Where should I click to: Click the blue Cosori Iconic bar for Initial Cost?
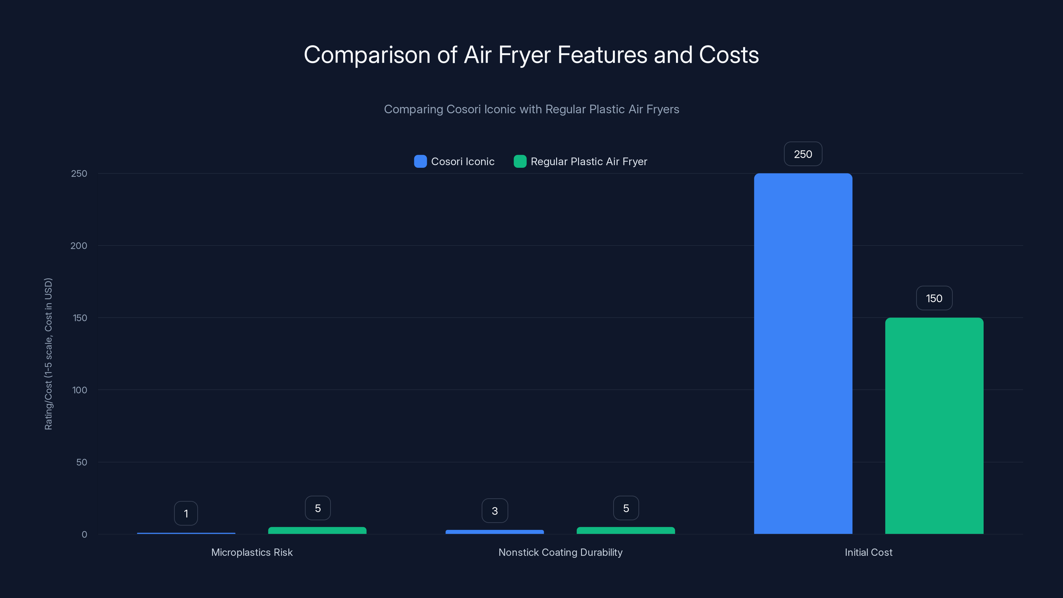pyautogui.click(x=803, y=353)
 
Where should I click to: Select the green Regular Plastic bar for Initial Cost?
pyautogui.click(x=934, y=426)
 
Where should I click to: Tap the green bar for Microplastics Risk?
pyautogui.click(x=317, y=530)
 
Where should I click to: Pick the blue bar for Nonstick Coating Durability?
pyautogui.click(x=494, y=532)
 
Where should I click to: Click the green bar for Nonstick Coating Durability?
pyautogui.click(x=626, y=530)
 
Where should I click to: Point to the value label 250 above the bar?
pyautogui.click(x=803, y=154)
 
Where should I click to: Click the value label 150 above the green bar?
pyautogui.click(x=934, y=298)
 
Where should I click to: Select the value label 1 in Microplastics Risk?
pyautogui.click(x=186, y=513)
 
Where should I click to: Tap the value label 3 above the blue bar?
pyautogui.click(x=494, y=511)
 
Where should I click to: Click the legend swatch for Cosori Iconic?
pyautogui.click(x=420, y=161)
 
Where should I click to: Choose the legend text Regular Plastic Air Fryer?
pyautogui.click(x=589, y=161)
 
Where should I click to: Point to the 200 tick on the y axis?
pyautogui.click(x=79, y=246)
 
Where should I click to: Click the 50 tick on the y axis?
pyautogui.click(x=82, y=462)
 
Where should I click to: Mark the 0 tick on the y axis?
pyautogui.click(x=84, y=535)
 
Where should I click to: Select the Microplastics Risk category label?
pyautogui.click(x=252, y=552)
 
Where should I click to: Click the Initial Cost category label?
pyautogui.click(x=868, y=552)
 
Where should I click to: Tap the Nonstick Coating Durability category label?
pyautogui.click(x=560, y=552)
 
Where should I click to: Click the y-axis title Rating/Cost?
pyautogui.click(x=48, y=354)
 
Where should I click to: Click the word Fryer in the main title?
pyautogui.click(x=524, y=55)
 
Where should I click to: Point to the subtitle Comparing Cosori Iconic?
pyautogui.click(x=531, y=109)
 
